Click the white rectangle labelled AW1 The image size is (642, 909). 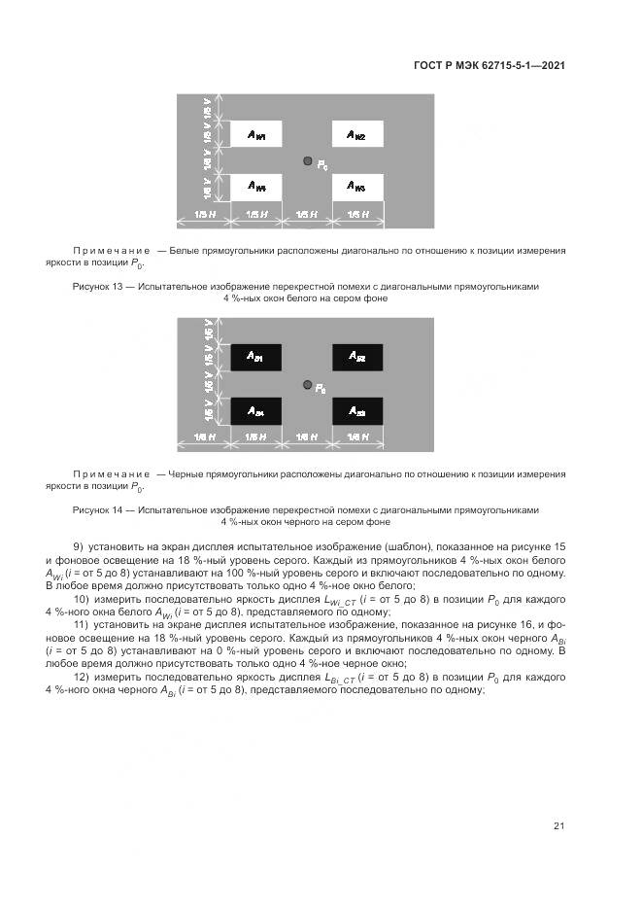point(254,134)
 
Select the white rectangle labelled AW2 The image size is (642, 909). point(358,134)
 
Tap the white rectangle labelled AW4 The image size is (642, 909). point(254,186)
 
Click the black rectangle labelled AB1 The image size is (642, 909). point(254,358)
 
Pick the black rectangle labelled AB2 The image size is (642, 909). point(358,358)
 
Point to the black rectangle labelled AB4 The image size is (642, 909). point(254,411)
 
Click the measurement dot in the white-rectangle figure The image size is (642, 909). point(307,161)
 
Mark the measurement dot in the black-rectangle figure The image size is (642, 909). point(307,385)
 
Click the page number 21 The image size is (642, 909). point(558,826)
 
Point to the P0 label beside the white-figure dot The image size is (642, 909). point(322,166)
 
